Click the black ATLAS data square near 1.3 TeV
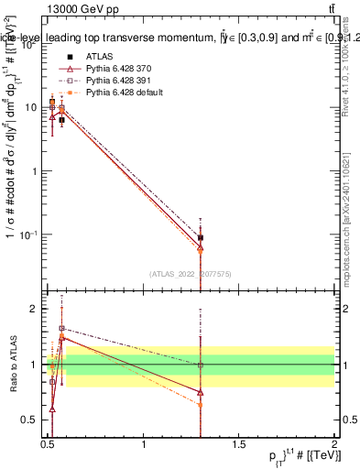coord(201,237)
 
